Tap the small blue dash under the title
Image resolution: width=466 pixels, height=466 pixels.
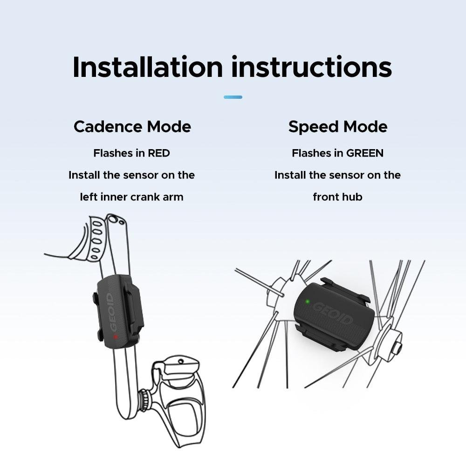point(233,97)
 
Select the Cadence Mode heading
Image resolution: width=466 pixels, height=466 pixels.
point(132,127)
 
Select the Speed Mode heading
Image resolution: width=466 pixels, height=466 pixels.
point(338,127)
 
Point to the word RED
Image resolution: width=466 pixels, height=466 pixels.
point(159,153)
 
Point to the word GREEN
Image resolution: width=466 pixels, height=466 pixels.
point(365,153)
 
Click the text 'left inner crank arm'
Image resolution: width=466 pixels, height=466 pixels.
point(132,197)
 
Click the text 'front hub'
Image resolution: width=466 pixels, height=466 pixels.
point(337,197)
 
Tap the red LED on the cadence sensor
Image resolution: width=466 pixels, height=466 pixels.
point(115,337)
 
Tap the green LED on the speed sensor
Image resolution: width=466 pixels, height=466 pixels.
point(308,302)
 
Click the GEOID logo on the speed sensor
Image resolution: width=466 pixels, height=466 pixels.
point(333,314)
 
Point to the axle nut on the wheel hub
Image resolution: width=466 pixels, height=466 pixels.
point(397,347)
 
